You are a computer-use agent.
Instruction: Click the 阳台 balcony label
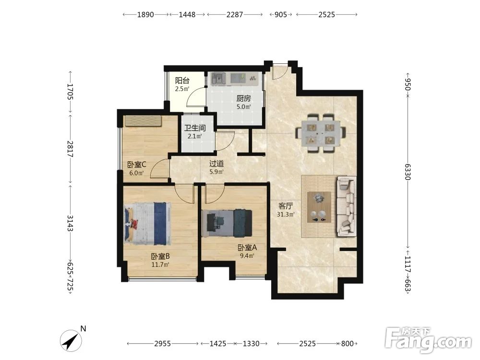(182, 81)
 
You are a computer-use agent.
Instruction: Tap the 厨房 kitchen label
(244, 98)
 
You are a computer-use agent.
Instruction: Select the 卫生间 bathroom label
(195, 128)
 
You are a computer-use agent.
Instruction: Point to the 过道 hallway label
(216, 164)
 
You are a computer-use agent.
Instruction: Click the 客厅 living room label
(286, 206)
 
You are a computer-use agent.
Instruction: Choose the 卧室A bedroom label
(247, 247)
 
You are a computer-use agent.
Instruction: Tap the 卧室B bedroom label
(160, 256)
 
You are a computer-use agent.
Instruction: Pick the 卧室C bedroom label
(136, 164)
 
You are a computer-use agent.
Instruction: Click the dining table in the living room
(321, 133)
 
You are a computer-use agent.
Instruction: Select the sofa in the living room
(347, 206)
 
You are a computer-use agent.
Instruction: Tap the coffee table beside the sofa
(319, 207)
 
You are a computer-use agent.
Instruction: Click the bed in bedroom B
(147, 224)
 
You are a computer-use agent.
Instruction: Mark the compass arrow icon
(71, 340)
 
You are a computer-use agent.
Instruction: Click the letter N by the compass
(83, 328)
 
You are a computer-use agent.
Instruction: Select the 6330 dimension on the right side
(408, 172)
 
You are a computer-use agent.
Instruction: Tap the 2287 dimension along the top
(235, 14)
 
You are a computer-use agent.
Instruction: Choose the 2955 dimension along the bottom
(163, 344)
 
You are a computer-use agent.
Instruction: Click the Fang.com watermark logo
(428, 339)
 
